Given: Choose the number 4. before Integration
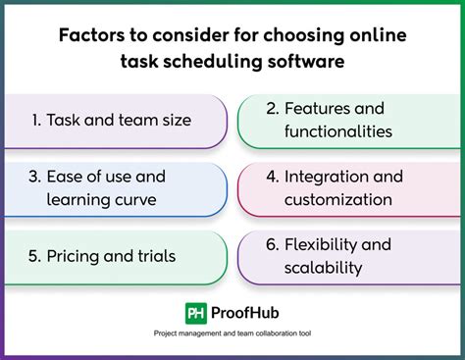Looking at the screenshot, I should [x=272, y=177].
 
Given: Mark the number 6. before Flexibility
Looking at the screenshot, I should [x=272, y=244].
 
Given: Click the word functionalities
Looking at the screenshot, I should [x=339, y=131].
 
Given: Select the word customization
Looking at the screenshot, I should [x=339, y=199].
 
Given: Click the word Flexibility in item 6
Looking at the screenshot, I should [x=326, y=244].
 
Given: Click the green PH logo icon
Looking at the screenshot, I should [x=196, y=314].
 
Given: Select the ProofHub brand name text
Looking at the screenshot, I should [x=246, y=314].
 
